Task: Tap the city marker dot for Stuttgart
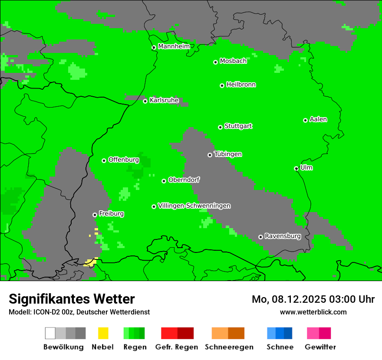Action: (x=220, y=127)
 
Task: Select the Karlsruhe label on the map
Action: (x=164, y=100)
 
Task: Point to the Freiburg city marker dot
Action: (x=95, y=215)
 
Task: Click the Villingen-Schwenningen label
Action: (x=194, y=206)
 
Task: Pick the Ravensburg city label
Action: (x=283, y=236)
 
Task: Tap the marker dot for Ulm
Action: (x=296, y=168)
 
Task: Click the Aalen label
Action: (x=318, y=119)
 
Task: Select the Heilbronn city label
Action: (x=241, y=85)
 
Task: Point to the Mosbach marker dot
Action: (x=215, y=62)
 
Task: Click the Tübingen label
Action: (x=228, y=154)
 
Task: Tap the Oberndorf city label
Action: (x=184, y=180)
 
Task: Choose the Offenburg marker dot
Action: (x=104, y=160)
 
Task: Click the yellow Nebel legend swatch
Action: (x=103, y=333)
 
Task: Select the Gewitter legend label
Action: (x=320, y=347)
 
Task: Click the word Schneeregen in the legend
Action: (x=228, y=347)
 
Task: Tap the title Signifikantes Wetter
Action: (x=72, y=299)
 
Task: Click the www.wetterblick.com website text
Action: (x=313, y=312)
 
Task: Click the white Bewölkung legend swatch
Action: (x=50, y=333)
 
